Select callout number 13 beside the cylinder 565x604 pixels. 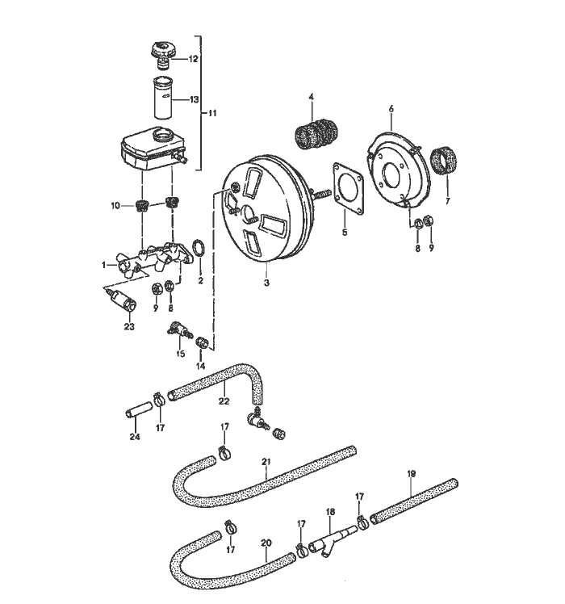tap(194, 99)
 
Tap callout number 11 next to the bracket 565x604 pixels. tap(212, 112)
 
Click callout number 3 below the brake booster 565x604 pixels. tap(267, 284)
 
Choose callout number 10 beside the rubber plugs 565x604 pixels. tap(115, 206)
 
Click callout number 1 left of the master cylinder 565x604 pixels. tap(104, 264)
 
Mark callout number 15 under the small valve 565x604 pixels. tap(180, 353)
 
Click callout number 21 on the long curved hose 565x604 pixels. tap(265, 462)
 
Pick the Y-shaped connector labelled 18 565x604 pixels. tap(330, 535)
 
